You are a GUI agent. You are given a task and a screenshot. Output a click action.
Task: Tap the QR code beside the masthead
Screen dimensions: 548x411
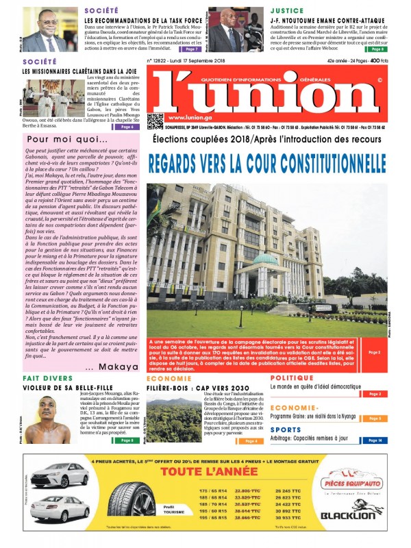click(x=155, y=121)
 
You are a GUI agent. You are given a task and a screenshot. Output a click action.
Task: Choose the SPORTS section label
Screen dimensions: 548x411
click(x=286, y=429)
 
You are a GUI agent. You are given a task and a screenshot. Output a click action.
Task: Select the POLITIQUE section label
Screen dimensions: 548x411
click(x=292, y=377)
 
